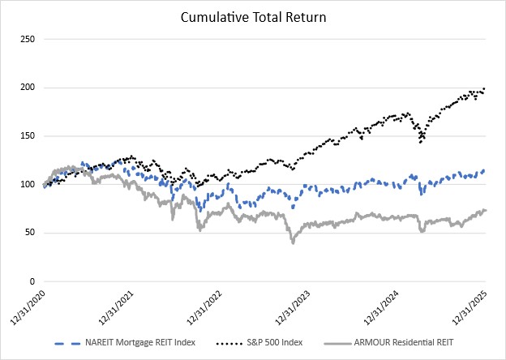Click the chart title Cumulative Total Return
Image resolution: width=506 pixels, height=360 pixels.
click(x=253, y=15)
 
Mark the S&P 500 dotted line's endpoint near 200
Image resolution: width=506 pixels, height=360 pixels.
click(x=485, y=88)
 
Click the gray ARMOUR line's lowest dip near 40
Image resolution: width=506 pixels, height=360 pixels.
click(x=293, y=242)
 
